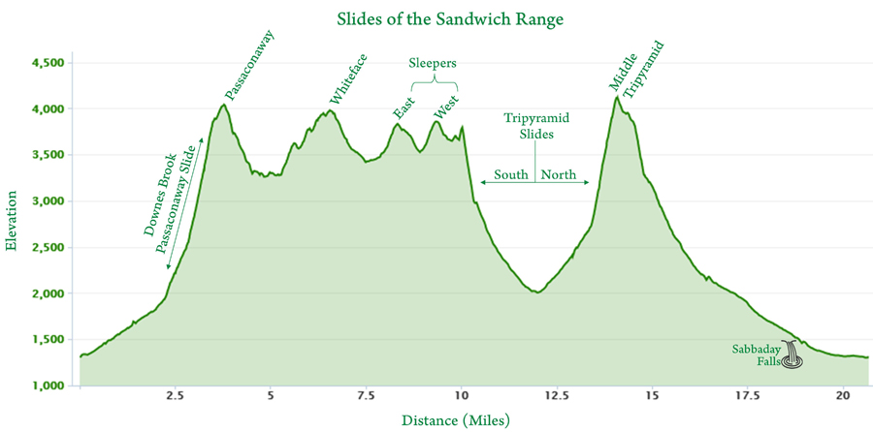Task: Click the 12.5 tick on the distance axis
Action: click(x=556, y=395)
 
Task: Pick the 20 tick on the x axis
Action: click(x=842, y=395)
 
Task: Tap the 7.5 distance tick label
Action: click(x=365, y=395)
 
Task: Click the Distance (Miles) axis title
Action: click(x=455, y=420)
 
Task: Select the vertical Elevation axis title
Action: click(x=12, y=224)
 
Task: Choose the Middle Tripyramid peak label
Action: click(x=636, y=68)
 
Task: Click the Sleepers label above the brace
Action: click(x=431, y=63)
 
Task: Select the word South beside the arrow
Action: click(x=511, y=175)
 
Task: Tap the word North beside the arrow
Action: click(x=559, y=175)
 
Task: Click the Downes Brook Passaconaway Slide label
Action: click(x=168, y=201)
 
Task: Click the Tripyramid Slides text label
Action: click(x=535, y=126)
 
